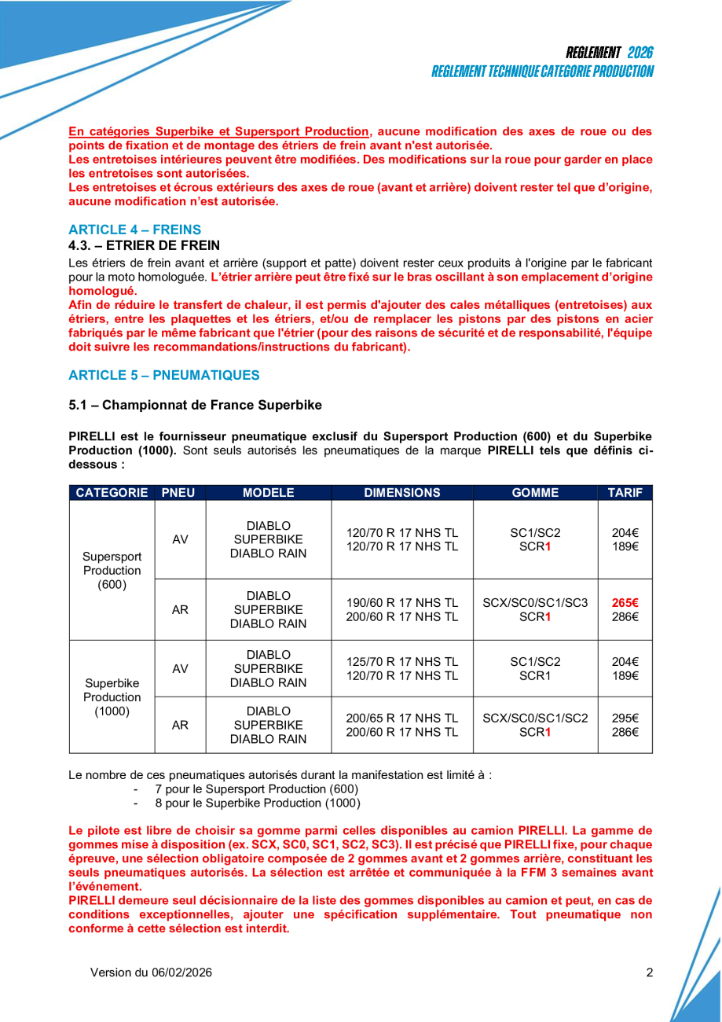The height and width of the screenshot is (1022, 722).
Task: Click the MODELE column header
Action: [268, 493]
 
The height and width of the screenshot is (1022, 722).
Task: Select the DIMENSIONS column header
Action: [401, 493]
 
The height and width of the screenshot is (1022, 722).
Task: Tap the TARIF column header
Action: [625, 493]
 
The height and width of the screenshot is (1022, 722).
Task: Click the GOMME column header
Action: [535, 493]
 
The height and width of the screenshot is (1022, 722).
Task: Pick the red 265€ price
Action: [625, 603]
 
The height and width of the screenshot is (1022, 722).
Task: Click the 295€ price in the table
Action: [625, 718]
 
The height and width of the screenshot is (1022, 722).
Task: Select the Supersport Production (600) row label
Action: [112, 571]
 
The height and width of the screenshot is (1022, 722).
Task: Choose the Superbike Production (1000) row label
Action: [112, 697]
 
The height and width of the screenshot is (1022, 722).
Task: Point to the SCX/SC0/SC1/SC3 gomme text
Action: [535, 603]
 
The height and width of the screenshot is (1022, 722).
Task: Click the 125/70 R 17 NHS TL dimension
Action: [402, 661]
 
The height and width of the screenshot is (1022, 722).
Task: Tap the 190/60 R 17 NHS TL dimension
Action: [402, 603]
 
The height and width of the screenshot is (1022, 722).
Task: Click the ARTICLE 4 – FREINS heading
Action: [134, 230]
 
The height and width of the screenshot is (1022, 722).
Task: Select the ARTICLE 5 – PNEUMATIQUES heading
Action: [163, 375]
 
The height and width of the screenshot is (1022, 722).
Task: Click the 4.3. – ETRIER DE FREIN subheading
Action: [144, 245]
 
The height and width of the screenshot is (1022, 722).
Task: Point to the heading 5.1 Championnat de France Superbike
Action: [195, 405]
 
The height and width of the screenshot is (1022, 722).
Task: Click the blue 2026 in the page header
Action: [640, 53]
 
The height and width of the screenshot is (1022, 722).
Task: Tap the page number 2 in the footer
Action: [650, 972]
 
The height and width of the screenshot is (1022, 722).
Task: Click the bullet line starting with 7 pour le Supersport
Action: [256, 789]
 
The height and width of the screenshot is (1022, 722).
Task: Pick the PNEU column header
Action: [178, 493]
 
